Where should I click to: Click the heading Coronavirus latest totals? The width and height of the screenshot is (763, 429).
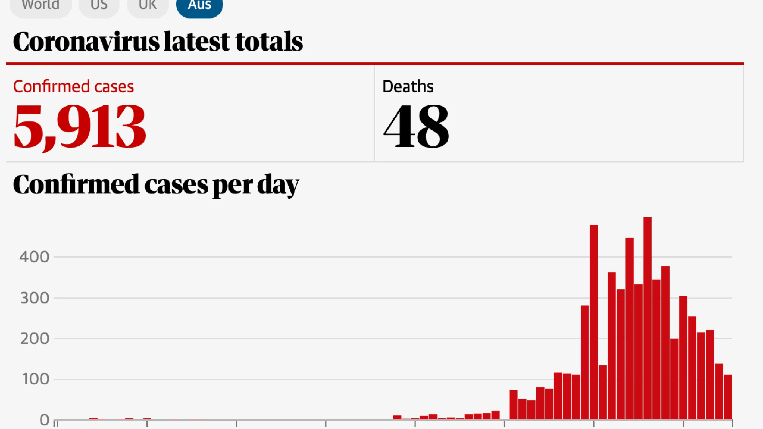coord(158,42)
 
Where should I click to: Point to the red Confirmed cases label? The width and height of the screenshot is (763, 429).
coord(73,87)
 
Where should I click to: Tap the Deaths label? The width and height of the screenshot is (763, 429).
coord(408,87)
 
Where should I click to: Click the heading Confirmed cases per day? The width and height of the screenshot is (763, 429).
coord(156,185)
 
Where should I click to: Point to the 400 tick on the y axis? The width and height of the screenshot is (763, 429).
coord(34,257)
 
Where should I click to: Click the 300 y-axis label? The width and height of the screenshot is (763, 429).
coord(35,298)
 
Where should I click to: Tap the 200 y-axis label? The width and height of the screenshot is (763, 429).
coord(35,339)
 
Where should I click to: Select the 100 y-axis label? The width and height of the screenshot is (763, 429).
coord(35,379)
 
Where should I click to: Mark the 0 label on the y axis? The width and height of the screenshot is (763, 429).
coord(44,420)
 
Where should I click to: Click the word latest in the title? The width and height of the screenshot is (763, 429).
coord(197,42)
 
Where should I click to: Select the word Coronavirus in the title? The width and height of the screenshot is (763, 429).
coord(86,42)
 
